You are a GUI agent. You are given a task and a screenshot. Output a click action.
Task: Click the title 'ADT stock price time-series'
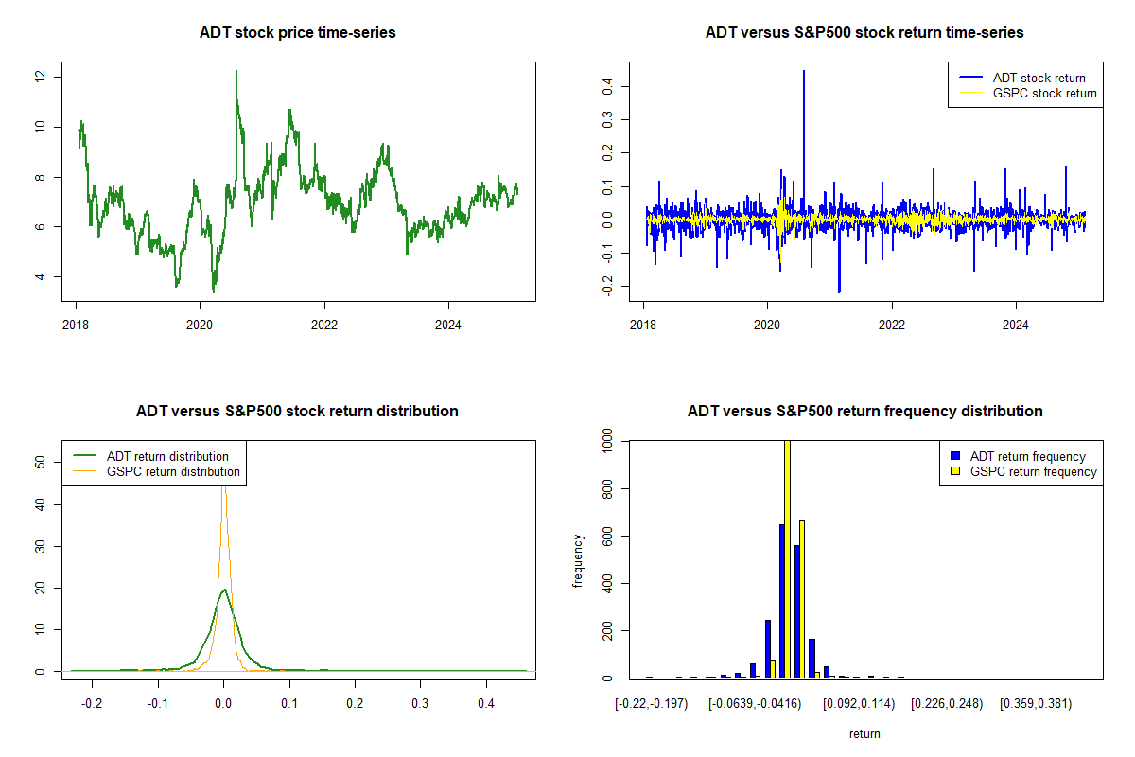coord(297,33)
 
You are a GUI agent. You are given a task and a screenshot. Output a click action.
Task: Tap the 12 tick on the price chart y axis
coord(39,77)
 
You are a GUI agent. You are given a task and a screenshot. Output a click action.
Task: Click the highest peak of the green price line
coord(236,72)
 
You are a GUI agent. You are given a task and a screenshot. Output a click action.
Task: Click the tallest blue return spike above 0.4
coord(804,72)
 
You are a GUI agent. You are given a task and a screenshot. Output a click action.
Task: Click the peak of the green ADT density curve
coord(224,590)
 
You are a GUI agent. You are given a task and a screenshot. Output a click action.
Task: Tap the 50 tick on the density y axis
coord(39,463)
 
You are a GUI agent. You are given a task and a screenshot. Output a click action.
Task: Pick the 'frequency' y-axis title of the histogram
coord(578,560)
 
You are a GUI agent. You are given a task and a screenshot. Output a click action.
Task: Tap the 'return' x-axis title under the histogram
coord(864,733)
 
